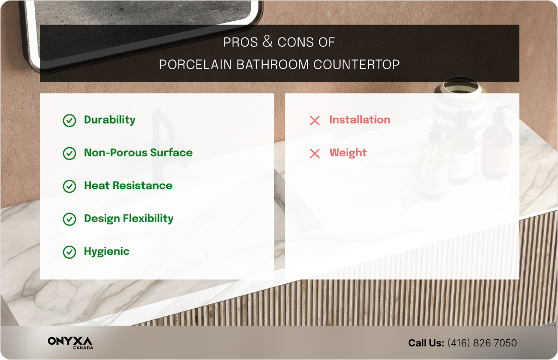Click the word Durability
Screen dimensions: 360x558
tap(110, 120)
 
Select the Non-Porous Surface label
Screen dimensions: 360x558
tap(138, 153)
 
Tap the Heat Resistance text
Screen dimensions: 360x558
tap(128, 186)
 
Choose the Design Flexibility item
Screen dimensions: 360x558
tap(129, 218)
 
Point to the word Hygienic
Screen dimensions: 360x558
tap(106, 252)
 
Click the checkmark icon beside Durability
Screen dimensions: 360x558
tap(69, 120)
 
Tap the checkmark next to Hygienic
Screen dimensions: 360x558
tap(69, 252)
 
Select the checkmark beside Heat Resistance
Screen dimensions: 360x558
tap(69, 186)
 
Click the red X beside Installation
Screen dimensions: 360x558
tap(314, 120)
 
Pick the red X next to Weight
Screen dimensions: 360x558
tap(314, 154)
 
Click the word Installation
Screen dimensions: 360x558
tap(360, 120)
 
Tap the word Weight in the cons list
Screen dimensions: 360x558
tap(348, 153)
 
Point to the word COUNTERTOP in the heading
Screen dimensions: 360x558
tap(356, 65)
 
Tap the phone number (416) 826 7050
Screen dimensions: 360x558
tap(482, 343)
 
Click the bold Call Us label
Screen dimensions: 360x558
tap(426, 343)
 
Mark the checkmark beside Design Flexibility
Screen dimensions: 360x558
tap(69, 219)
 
